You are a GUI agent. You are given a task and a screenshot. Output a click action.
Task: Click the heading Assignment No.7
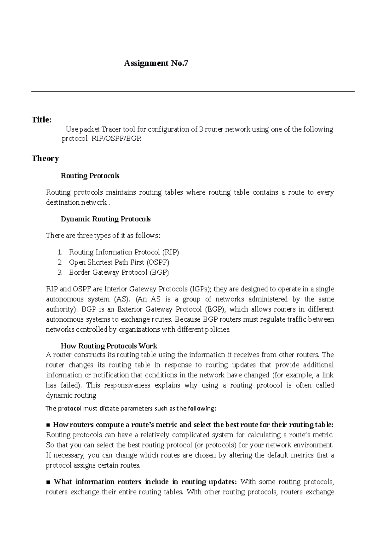[156, 63]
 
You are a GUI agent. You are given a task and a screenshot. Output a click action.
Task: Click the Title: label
[41, 120]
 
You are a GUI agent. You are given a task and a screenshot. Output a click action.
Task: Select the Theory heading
[45, 158]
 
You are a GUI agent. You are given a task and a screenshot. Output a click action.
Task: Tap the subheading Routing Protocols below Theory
[90, 176]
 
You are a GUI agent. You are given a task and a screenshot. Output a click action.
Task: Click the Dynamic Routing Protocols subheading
[105, 219]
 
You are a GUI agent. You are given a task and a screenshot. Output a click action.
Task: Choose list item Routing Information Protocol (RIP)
[124, 252]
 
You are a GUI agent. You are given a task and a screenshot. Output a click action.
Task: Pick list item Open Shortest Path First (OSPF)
[119, 262]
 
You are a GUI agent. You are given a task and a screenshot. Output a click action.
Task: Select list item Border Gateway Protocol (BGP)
[119, 272]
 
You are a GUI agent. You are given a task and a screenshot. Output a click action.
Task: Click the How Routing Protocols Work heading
[109, 346]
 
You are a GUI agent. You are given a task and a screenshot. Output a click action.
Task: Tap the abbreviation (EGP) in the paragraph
[215, 309]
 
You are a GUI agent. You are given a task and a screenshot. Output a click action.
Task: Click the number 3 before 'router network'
[201, 129]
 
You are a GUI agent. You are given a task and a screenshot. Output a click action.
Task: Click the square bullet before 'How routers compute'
[48, 425]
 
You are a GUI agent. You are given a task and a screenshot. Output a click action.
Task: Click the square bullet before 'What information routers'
[48, 482]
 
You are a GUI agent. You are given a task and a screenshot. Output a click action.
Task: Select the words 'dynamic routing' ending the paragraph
[71, 395]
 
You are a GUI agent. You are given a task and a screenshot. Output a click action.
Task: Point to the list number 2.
[60, 262]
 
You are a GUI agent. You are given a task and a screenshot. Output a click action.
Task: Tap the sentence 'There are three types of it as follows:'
[103, 236]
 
